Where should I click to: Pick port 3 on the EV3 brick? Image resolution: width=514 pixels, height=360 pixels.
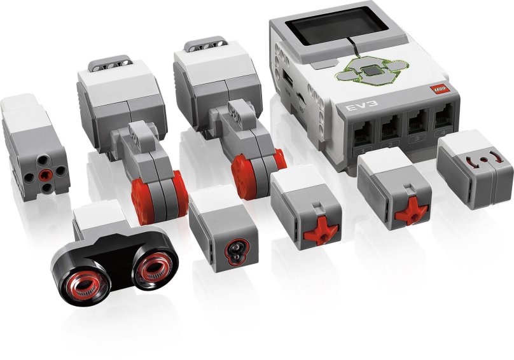tap(417, 122)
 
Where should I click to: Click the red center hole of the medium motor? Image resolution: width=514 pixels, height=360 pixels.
tap(43, 173)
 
